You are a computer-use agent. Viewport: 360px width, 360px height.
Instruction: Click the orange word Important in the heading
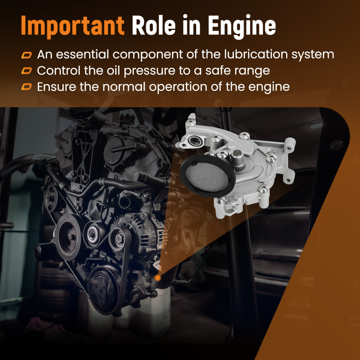(73, 26)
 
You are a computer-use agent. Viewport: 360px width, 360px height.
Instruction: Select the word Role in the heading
(154, 25)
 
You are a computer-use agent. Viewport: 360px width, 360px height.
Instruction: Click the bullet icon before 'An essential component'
(27, 55)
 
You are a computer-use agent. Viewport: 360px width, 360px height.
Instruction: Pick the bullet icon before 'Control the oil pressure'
(27, 71)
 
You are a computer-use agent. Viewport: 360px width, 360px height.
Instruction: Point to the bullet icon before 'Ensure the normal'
(27, 87)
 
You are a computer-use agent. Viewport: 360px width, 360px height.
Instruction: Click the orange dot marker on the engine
(158, 278)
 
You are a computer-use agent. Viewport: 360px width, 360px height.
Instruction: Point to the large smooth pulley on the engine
(68, 237)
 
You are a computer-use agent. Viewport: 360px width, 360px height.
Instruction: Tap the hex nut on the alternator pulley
(119, 239)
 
